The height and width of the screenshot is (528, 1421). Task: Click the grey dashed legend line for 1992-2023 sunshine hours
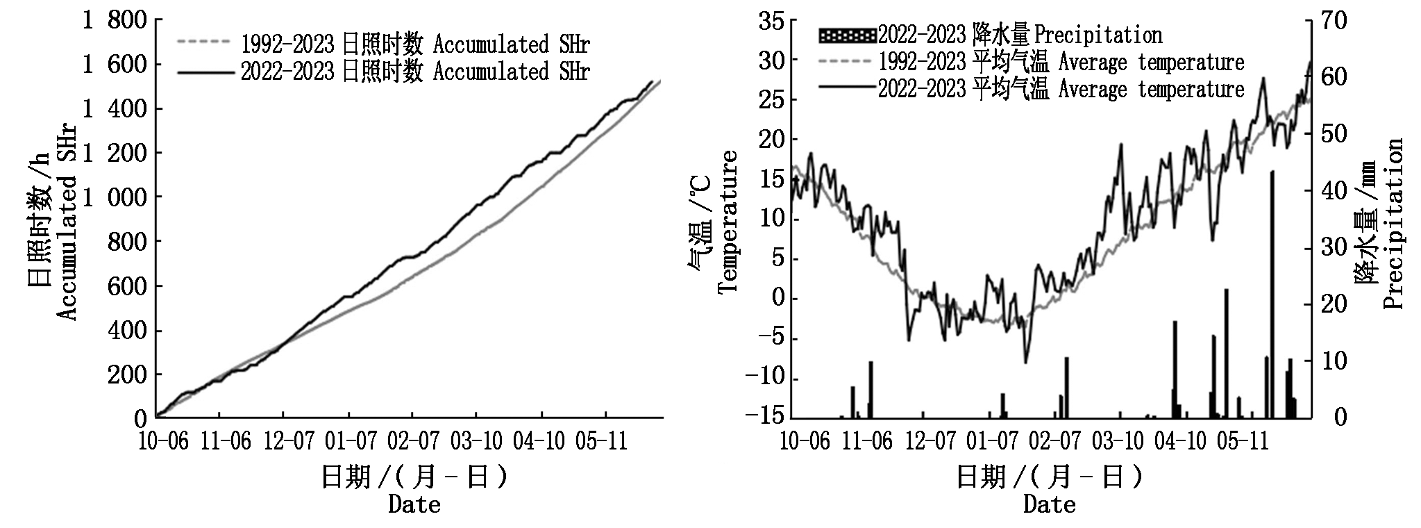[x=203, y=42]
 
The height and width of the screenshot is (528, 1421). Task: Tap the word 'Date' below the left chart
[x=414, y=504]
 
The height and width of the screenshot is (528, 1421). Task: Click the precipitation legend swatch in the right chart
[x=847, y=33]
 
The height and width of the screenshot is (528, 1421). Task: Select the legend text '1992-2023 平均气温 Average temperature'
[x=1061, y=62]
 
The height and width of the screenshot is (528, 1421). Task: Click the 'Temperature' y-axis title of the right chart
[x=728, y=222]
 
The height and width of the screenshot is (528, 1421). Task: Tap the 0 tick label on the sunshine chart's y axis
[x=140, y=418]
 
